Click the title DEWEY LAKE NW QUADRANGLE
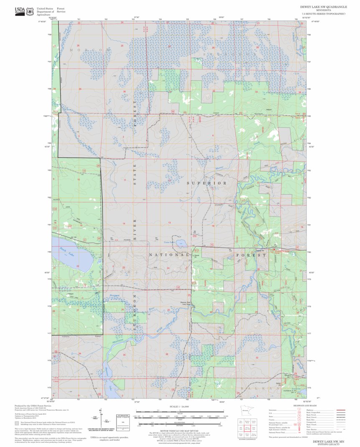[x=322, y=7]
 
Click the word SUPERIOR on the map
[x=206, y=183]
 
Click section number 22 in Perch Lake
[x=78, y=266]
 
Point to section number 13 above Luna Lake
[x=169, y=223]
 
